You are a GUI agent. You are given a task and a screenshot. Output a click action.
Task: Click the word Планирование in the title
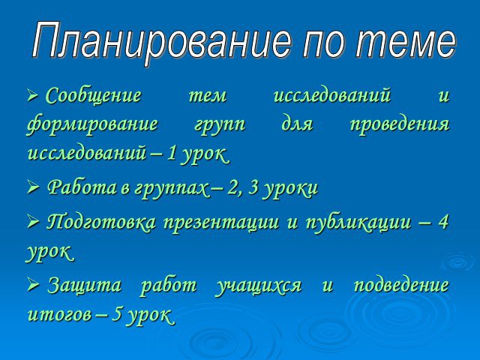coord(161,42)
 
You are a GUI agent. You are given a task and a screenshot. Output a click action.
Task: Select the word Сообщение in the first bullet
coord(94,95)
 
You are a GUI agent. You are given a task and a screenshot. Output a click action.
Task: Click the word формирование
coord(93,125)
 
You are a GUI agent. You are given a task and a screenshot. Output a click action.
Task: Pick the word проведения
coord(400,125)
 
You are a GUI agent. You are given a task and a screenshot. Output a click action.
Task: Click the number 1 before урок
coord(172,153)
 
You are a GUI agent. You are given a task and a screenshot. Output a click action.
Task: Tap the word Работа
coord(82,187)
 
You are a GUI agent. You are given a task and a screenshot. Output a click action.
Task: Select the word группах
coord(172,189)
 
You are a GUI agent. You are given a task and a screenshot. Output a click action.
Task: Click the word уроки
coord(291,189)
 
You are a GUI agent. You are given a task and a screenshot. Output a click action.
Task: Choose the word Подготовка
coord(101,223)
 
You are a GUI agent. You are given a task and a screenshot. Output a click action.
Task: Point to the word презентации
coord(221,223)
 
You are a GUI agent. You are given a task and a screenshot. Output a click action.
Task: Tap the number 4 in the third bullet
coord(443,222)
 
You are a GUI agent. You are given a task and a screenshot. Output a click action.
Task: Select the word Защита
coord(85,286)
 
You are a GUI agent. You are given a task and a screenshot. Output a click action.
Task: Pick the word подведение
coord(402,286)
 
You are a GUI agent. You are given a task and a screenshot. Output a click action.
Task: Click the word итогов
coord(60,314)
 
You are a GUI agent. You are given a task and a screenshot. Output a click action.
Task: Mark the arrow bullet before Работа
coord(32,187)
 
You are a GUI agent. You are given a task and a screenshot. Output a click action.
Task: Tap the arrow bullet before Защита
coord(32,283)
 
